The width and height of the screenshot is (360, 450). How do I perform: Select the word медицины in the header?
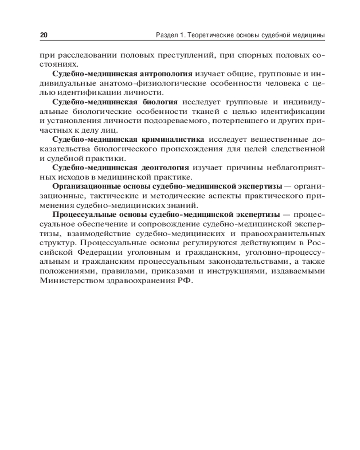click(309, 35)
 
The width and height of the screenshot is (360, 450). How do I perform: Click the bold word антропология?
click(165, 73)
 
